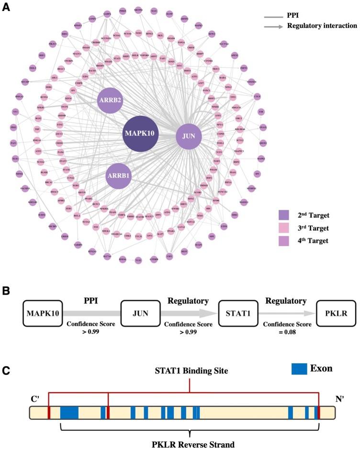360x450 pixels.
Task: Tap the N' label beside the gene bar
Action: tap(342, 397)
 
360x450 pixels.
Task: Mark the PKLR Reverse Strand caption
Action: tap(191, 444)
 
